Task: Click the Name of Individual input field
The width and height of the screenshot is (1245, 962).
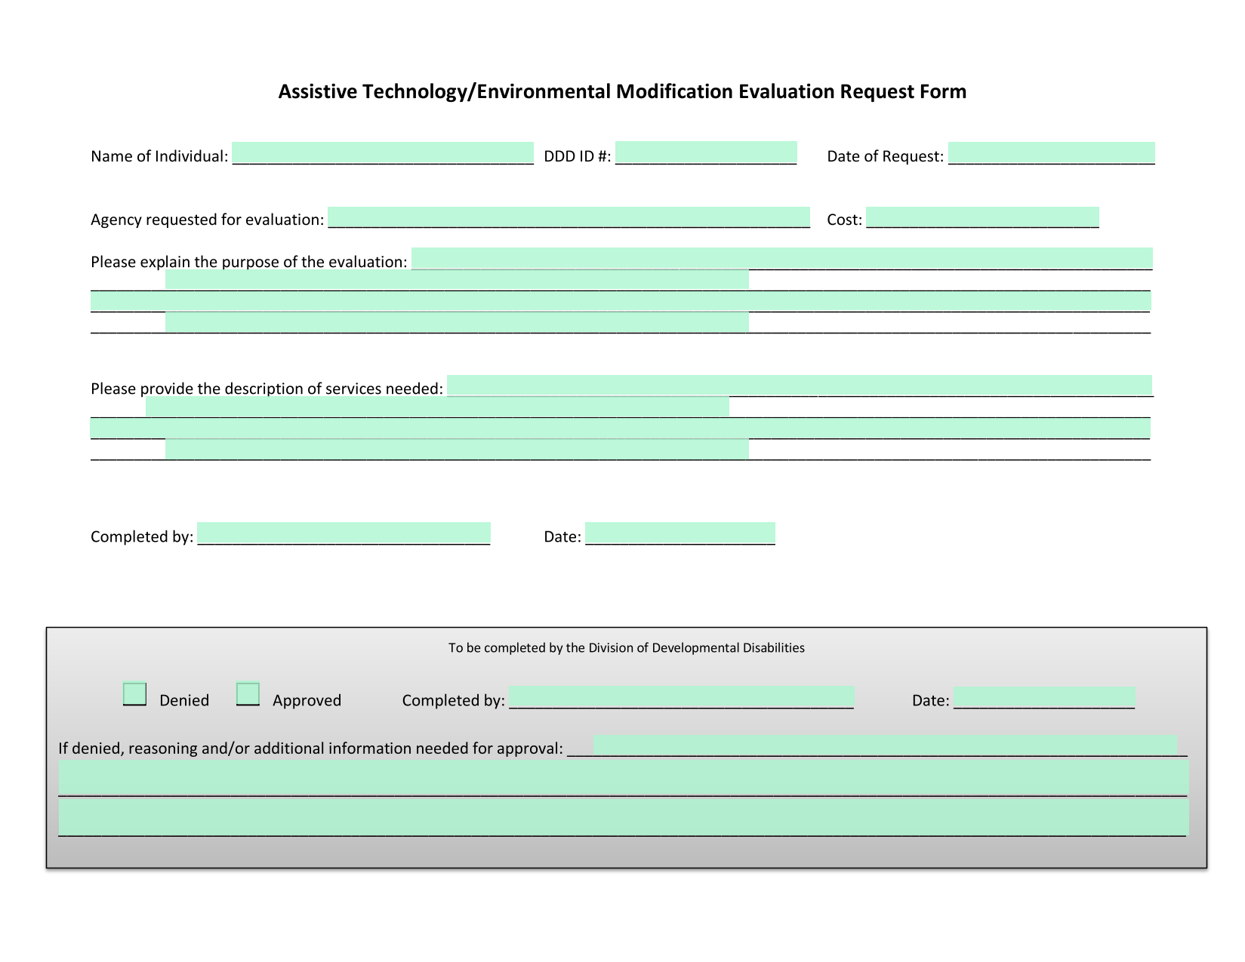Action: tap(382, 153)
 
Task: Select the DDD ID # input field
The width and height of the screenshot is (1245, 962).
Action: tap(706, 152)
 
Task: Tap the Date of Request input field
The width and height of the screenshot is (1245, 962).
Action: tap(1052, 153)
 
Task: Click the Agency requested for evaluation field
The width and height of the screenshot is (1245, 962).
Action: tap(569, 217)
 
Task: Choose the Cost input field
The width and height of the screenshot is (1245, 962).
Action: tap(982, 217)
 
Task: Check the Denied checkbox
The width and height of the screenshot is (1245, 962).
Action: tap(134, 693)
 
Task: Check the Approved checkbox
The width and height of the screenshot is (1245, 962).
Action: tap(248, 693)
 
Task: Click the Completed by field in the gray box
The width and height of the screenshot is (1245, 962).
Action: tap(681, 697)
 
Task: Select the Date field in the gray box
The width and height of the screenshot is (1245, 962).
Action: tap(1044, 698)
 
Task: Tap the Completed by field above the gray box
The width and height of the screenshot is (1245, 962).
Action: tap(344, 533)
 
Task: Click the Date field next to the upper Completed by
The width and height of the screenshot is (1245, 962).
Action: tap(680, 533)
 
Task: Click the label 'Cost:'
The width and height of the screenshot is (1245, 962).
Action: tap(844, 220)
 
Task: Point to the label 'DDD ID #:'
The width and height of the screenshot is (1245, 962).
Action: tap(577, 156)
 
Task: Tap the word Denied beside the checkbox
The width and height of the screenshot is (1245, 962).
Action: tap(184, 700)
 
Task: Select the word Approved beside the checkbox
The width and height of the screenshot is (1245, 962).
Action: tap(307, 701)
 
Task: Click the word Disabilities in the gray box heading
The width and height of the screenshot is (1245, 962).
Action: tap(773, 647)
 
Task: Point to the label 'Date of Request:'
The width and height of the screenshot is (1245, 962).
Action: tap(885, 157)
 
